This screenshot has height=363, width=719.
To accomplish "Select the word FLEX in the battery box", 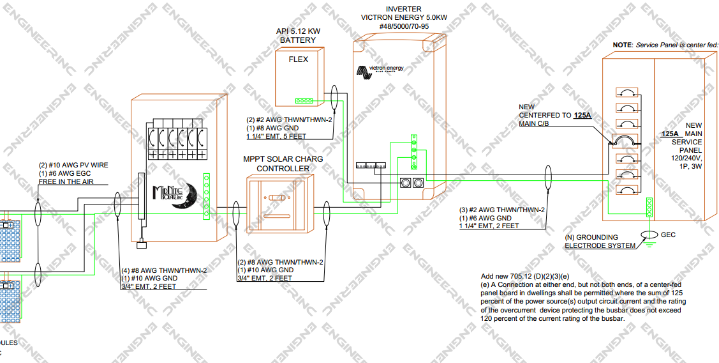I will [x=298, y=59].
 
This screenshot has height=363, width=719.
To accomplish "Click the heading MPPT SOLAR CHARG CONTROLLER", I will [x=283, y=164].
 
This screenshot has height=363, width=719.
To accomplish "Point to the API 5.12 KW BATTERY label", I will [x=298, y=35].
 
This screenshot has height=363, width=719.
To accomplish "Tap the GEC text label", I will [x=668, y=235].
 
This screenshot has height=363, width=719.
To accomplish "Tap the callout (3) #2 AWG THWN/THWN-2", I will [x=502, y=210].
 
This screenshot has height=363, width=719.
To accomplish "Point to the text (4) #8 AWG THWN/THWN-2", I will [x=163, y=270].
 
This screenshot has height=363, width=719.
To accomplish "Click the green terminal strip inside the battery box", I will [x=304, y=100].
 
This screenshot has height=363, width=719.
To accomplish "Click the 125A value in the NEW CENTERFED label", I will [x=582, y=116].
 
